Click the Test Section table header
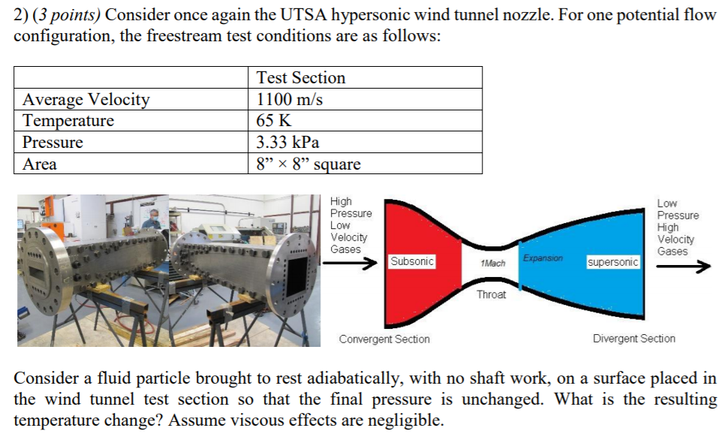(x=301, y=78)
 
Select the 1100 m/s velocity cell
(x=290, y=99)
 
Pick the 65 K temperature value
(x=274, y=121)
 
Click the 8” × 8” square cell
(x=308, y=164)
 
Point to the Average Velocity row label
(x=86, y=99)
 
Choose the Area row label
(x=40, y=164)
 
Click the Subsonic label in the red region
(x=412, y=261)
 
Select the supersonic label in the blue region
(x=613, y=262)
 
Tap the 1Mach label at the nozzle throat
(x=492, y=264)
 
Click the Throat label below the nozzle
(x=491, y=294)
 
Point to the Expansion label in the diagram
(x=543, y=258)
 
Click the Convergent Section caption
(x=384, y=339)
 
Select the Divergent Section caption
(x=633, y=339)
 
